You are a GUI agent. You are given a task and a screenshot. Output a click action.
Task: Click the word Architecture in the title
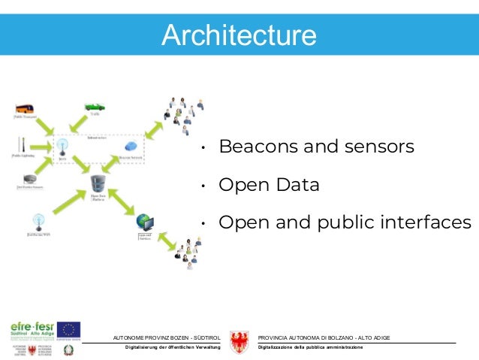[239, 35]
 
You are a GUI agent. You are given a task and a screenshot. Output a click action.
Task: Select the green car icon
[94, 106]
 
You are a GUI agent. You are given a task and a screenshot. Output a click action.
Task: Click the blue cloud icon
[131, 147]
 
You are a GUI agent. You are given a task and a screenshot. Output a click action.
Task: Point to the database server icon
[98, 184]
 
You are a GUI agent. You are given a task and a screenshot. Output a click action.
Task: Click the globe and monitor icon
[145, 223]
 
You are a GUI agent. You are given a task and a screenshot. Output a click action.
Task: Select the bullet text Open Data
[269, 185]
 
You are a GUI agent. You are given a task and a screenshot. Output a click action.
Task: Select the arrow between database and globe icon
[122, 204]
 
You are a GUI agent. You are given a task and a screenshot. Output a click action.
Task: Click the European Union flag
[70, 329]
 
